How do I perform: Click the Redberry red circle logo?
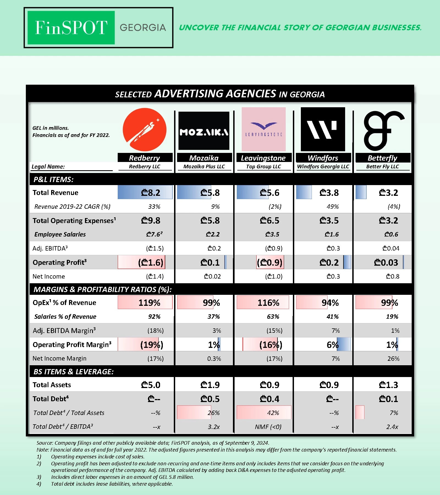coord(144,130)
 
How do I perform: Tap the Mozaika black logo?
coord(204,131)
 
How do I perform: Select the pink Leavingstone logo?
coord(263,129)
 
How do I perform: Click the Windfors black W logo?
coord(323,129)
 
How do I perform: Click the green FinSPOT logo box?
coord(71,28)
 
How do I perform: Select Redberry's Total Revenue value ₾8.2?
coord(150,193)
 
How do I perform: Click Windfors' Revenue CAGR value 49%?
coord(332,207)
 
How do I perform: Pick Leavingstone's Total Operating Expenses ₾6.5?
coord(269,221)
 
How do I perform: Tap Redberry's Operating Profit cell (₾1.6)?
coord(150,262)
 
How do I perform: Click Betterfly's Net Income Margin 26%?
coord(393,359)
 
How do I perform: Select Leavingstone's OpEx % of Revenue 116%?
coord(268,303)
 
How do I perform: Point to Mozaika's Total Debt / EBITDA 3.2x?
coord(214,427)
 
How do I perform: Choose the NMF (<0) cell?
coord(268,427)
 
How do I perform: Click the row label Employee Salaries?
coord(60,234)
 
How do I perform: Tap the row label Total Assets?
coord(52,385)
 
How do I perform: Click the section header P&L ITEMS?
coord(53,180)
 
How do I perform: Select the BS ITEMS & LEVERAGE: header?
coord(73,372)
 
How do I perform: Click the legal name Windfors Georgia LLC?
coord(323,167)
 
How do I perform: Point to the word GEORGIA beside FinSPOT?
coord(143,28)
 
